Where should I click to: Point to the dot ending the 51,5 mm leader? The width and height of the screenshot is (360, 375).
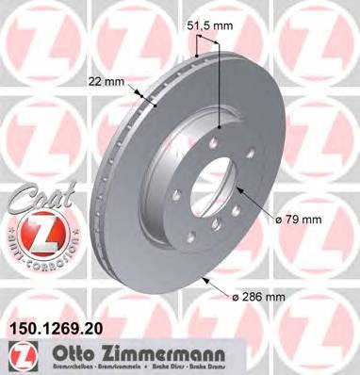click(219, 126)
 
